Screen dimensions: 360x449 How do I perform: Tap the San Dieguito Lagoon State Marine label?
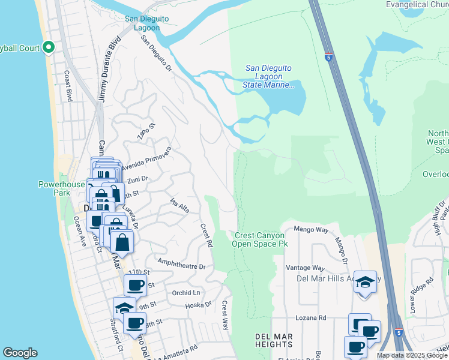[x=269, y=77]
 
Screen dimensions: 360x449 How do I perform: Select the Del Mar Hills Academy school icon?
[x=365, y=282]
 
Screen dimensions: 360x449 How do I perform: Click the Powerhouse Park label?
[x=62, y=188]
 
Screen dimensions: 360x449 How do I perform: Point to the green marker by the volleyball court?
[x=48, y=47]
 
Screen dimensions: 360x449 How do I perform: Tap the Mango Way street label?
[x=314, y=230]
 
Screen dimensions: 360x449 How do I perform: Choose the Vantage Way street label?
[x=306, y=268]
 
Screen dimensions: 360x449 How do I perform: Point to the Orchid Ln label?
[x=185, y=293]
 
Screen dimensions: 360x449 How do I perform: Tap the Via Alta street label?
[x=179, y=205]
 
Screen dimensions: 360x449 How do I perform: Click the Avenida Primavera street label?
[x=147, y=159]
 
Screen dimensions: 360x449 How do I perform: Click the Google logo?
[x=20, y=353]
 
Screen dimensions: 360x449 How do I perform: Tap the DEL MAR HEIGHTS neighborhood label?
[x=268, y=340]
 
